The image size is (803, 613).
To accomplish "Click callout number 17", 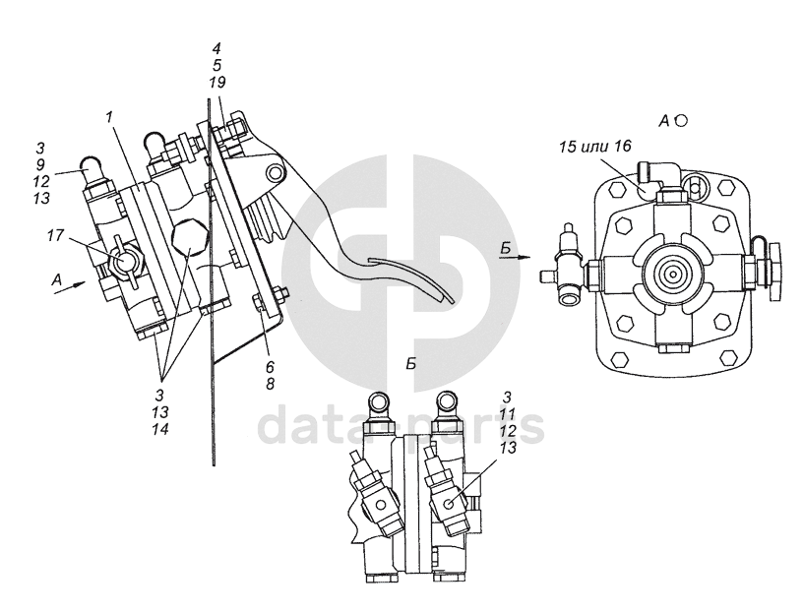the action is pos(54,236).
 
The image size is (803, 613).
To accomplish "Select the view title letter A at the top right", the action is pos(664,120).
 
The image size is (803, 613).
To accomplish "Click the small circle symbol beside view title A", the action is pos(681,119).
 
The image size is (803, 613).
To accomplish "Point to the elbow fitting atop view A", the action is pos(654,178).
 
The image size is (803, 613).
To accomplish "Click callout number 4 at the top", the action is pos(216,47).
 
